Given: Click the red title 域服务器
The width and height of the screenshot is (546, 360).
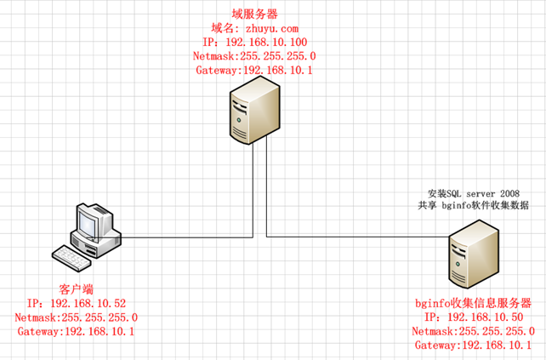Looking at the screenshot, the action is [x=254, y=14].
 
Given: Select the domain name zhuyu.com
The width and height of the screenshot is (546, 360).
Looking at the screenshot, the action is [x=272, y=29].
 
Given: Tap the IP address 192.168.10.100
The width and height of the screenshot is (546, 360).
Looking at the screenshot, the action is [x=266, y=43].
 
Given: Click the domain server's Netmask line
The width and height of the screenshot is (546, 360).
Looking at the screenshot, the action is [x=254, y=56].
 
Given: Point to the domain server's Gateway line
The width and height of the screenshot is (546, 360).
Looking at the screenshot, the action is [x=254, y=70].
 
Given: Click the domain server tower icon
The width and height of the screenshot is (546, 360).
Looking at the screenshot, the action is [x=255, y=110].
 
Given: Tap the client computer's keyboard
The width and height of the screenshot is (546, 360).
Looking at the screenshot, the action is [x=71, y=258].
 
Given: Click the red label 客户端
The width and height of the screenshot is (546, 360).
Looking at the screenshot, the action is [x=77, y=289].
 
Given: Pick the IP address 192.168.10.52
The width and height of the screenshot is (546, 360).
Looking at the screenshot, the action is [x=88, y=304].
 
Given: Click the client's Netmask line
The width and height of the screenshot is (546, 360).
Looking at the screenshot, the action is [x=77, y=317].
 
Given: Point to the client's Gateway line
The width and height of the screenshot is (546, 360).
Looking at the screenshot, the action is [x=76, y=331].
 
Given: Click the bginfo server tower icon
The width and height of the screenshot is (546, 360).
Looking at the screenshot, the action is [x=474, y=254].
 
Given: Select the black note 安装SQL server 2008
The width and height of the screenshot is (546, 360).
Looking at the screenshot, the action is [x=474, y=193].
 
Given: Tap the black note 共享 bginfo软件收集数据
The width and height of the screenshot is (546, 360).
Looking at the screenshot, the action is [x=473, y=205].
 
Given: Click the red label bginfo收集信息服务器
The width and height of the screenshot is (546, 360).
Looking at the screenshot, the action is [x=473, y=303].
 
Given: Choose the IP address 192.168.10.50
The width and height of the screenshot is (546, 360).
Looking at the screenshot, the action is [x=486, y=317].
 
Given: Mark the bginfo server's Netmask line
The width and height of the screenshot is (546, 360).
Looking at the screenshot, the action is [x=473, y=331].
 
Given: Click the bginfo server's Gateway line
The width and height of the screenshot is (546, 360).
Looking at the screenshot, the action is [x=473, y=345].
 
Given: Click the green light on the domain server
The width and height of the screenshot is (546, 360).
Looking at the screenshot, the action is [x=239, y=120].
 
